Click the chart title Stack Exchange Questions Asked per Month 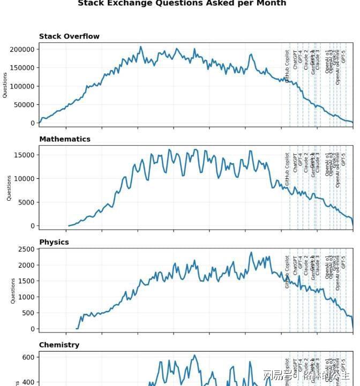[182, 3]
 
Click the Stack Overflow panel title [69, 36]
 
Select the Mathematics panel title [65, 139]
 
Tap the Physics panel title [54, 242]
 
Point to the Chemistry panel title [59, 345]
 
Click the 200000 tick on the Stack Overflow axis [22, 49]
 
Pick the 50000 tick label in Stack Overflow [24, 105]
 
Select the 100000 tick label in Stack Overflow [22, 86]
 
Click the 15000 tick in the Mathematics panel [24, 155]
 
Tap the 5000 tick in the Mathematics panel [26, 202]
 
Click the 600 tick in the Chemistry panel [28, 358]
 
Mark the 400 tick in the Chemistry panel [28, 383]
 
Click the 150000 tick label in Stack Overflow [22, 68]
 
